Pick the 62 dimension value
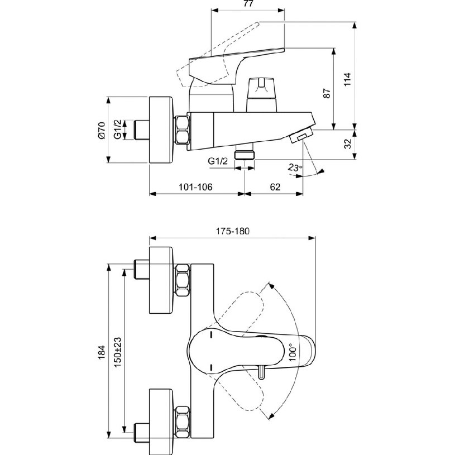275,186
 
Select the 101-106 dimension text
196,186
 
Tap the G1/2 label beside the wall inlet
118,130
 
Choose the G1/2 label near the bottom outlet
218,161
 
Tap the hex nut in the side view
183,130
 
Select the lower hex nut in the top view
183,419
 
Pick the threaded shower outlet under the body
245,154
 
